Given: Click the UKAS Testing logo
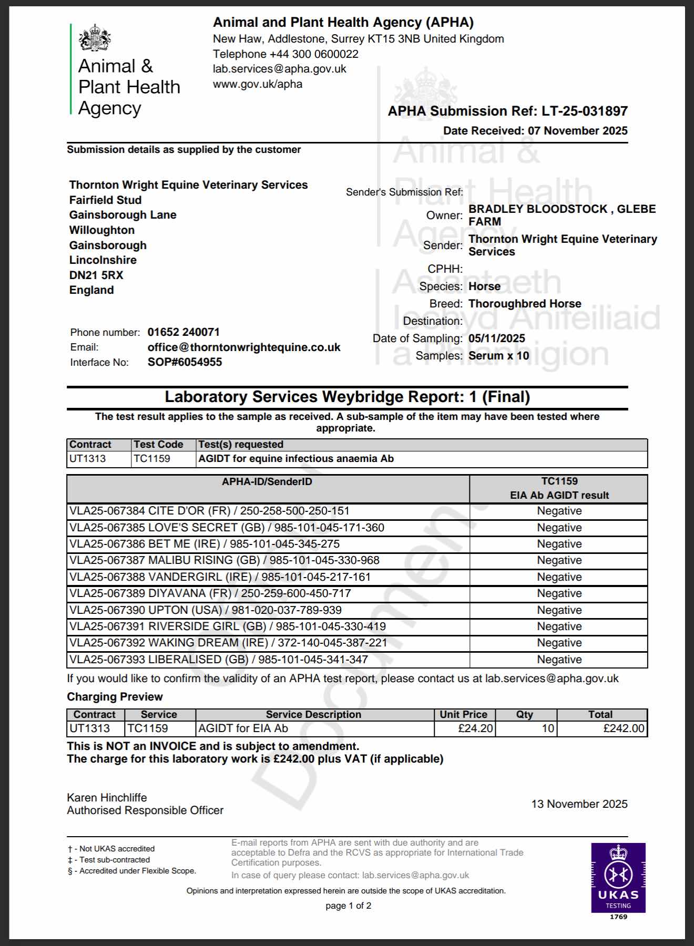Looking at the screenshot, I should click(618, 878).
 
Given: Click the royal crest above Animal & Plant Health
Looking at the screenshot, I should click(95, 37).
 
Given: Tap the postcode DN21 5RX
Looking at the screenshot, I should click(96, 275).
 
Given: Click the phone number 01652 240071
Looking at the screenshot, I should click(183, 332).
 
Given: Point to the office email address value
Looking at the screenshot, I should click(244, 347).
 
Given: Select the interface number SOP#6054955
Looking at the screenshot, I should click(185, 362).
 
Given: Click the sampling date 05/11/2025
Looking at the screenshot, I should click(497, 338).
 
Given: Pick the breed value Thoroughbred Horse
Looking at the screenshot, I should click(525, 304).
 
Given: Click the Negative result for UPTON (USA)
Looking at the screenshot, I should click(559, 610).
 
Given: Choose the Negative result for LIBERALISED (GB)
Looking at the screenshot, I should click(559, 660).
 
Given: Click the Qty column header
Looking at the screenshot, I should click(524, 715).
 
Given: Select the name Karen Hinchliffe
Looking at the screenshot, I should click(107, 798).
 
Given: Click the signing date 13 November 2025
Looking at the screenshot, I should click(579, 804).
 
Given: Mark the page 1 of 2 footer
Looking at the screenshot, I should click(348, 906).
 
